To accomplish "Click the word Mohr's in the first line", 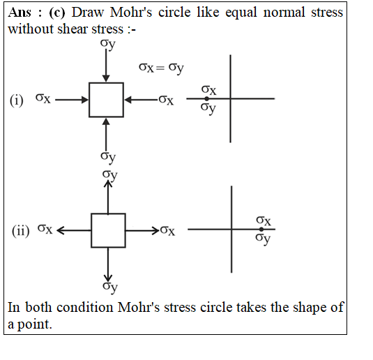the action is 131,12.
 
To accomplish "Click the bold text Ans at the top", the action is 20,12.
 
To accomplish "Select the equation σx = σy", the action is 161,68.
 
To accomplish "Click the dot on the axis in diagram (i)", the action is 207,98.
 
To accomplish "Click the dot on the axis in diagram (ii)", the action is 261,230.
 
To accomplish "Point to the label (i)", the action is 17,100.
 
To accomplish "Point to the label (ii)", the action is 21,231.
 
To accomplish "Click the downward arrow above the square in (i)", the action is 106,66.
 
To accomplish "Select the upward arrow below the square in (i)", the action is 106,134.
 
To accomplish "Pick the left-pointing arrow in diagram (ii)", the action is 74,230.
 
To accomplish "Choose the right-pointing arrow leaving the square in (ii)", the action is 142,230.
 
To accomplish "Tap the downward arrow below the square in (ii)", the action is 108,264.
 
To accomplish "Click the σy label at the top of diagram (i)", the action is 108,44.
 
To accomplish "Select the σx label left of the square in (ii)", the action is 45,229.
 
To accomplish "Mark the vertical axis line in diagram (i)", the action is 230,98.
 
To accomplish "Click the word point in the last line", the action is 35,324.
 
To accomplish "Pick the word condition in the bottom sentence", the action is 85,307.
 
